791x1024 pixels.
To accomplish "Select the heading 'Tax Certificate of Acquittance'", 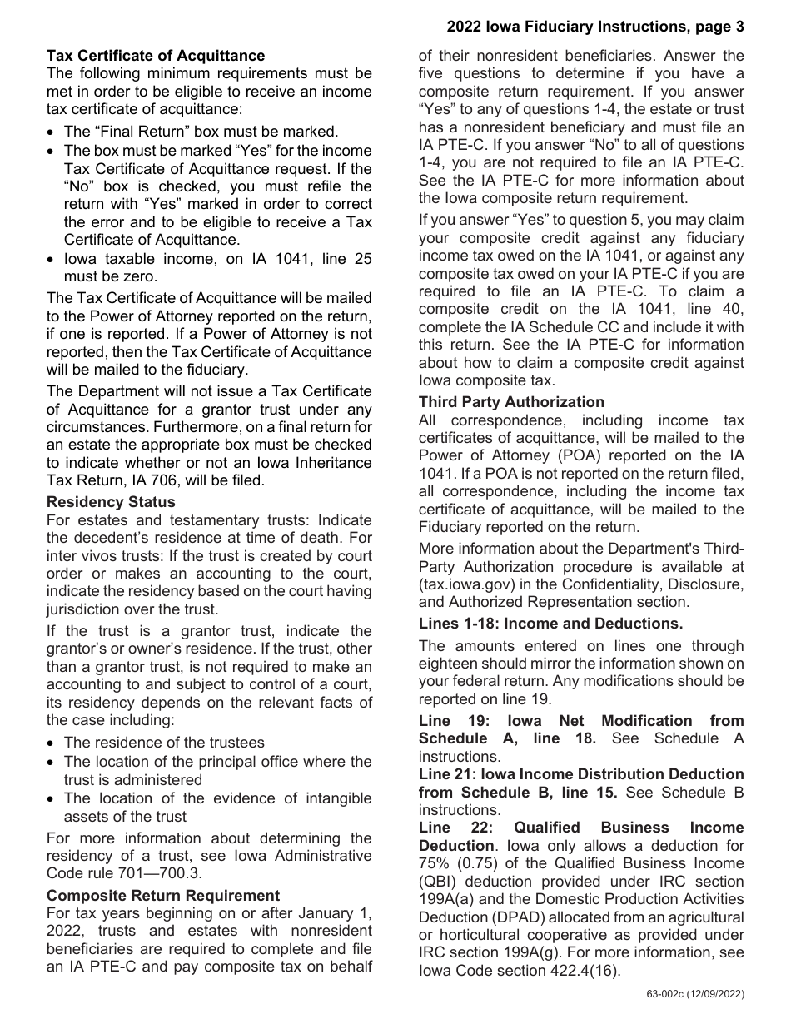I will point(156,56).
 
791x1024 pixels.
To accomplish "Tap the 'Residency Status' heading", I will point(111,502).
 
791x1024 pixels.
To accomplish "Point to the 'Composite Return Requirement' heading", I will point(163,896).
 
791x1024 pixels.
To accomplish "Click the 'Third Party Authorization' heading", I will point(511,403).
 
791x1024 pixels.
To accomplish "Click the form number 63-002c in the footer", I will point(664,994).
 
